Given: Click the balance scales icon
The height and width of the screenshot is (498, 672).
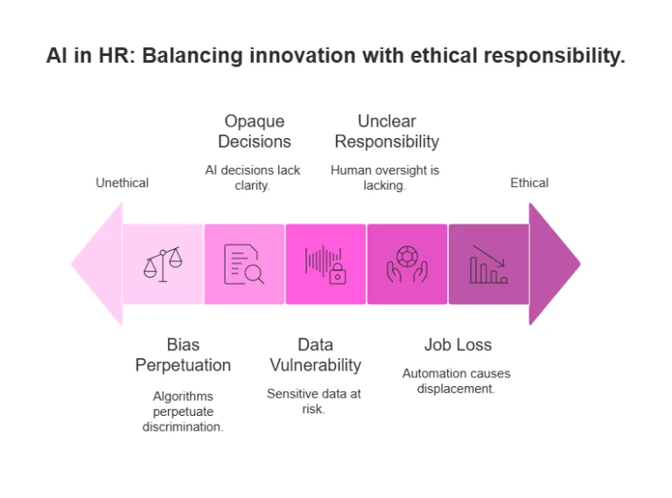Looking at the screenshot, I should pyautogui.click(x=163, y=264).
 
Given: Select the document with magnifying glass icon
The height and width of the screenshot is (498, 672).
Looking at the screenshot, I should pyautogui.click(x=244, y=264).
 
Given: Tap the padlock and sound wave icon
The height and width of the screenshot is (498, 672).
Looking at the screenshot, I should pyautogui.click(x=325, y=264).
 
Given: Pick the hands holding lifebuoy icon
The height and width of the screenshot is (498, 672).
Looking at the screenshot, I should pyautogui.click(x=407, y=264).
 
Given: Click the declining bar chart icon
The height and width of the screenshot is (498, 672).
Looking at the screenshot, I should pyautogui.click(x=488, y=264).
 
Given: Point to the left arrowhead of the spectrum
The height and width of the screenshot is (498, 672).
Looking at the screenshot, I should pyautogui.click(x=94, y=264).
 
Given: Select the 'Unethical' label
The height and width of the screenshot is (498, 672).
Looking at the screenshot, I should pyautogui.click(x=122, y=183).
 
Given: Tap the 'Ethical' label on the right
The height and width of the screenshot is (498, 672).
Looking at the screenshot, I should pyautogui.click(x=529, y=183).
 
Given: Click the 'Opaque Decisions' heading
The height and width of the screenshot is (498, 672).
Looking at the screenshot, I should pyautogui.click(x=254, y=131).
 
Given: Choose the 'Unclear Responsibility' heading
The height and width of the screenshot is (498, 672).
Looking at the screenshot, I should pyautogui.click(x=387, y=131).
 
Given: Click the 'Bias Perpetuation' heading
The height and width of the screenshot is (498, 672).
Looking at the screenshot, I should pyautogui.click(x=183, y=355).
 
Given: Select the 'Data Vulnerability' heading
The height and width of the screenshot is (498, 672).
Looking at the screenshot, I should pyautogui.click(x=315, y=355).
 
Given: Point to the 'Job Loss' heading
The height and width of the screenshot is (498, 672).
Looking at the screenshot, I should pyautogui.click(x=458, y=345).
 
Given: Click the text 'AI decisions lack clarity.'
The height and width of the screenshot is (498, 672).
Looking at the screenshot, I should pyautogui.click(x=253, y=177).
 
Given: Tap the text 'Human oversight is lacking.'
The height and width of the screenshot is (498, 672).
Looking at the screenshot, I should pyautogui.click(x=385, y=177).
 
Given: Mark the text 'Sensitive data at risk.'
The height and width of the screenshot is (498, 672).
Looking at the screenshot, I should pyautogui.click(x=314, y=401).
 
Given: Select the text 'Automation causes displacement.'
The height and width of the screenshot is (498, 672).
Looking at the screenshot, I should pyautogui.click(x=456, y=381).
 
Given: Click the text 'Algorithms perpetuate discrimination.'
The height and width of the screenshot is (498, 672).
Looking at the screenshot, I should pyautogui.click(x=183, y=411).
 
